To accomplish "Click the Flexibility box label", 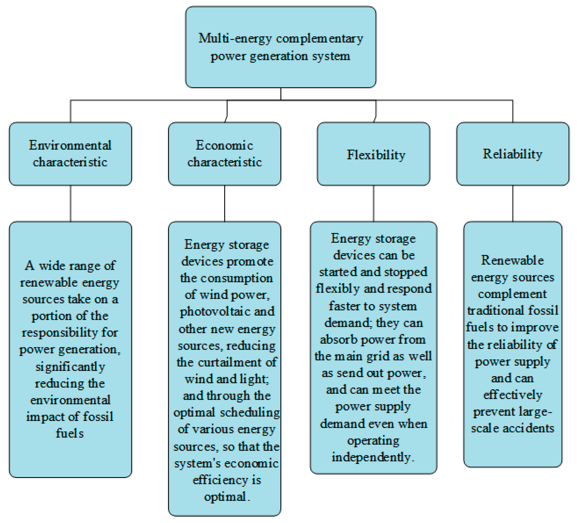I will pos(376,155).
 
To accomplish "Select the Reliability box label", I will pos(512,154).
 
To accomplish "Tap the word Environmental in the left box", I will pos(70,145).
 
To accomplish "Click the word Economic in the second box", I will pos(224,145).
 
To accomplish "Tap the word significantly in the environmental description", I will pos(70,367).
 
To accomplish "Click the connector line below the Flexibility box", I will pos(373,203).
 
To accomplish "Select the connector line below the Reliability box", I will pos(513,203).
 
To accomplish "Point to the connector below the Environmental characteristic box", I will pos(71,203).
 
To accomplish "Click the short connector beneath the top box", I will pos(281,94).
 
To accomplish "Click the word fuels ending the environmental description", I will pos(70,433).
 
